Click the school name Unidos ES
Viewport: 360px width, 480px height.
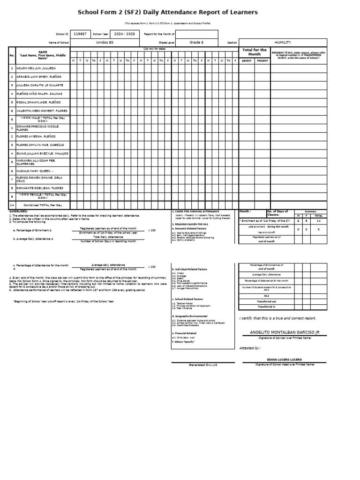pos(105,42)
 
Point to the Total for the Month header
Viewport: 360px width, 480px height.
pos(254,52)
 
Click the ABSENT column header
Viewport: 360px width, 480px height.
pos(247,60)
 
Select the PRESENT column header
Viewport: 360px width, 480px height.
pos(262,60)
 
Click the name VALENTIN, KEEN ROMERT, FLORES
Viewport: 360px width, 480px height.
pos(42,111)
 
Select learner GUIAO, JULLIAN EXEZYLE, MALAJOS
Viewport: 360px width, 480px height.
pos(42,153)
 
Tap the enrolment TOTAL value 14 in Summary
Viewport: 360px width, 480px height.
pos(319,220)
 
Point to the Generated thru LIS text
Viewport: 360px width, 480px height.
pos(202,365)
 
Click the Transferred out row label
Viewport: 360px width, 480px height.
pos(266,301)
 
